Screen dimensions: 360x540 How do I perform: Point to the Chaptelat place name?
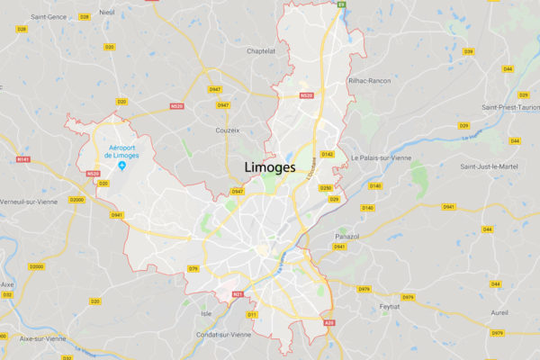coord(261,51)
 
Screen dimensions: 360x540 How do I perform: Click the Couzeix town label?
coord(228,130)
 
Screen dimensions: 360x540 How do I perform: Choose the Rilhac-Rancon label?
coord(369,80)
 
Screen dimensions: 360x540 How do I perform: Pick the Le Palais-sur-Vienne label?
coord(382,157)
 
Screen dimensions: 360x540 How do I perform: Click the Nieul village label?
coord(107,13)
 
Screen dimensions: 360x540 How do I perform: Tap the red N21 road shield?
coord(238,294)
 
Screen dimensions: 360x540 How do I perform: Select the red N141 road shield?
coord(22,159)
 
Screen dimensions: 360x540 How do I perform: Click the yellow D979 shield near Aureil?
coord(497,333)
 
